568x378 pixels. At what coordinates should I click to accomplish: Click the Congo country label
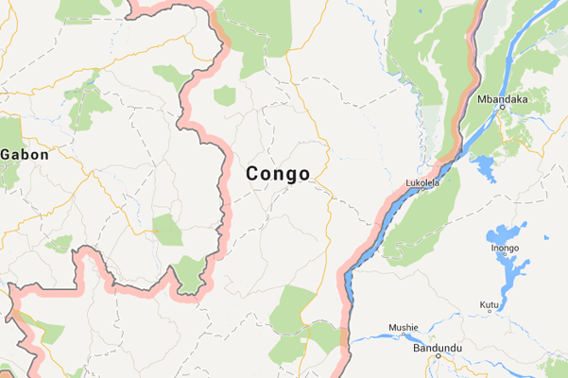tap(278, 174)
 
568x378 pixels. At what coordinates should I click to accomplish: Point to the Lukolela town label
tap(422, 183)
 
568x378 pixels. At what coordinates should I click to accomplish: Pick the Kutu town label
tap(490, 303)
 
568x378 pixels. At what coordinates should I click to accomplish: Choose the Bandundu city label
tap(438, 349)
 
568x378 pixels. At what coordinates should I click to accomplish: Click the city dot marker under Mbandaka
tap(502, 108)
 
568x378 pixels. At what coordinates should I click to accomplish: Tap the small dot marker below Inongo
tap(505, 258)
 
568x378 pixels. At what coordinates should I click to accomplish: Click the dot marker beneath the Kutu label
tap(490, 313)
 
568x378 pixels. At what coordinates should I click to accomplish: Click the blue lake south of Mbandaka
tap(484, 169)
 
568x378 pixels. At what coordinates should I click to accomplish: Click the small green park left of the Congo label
tap(166, 230)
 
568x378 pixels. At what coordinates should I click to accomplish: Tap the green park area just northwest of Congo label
tap(224, 94)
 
